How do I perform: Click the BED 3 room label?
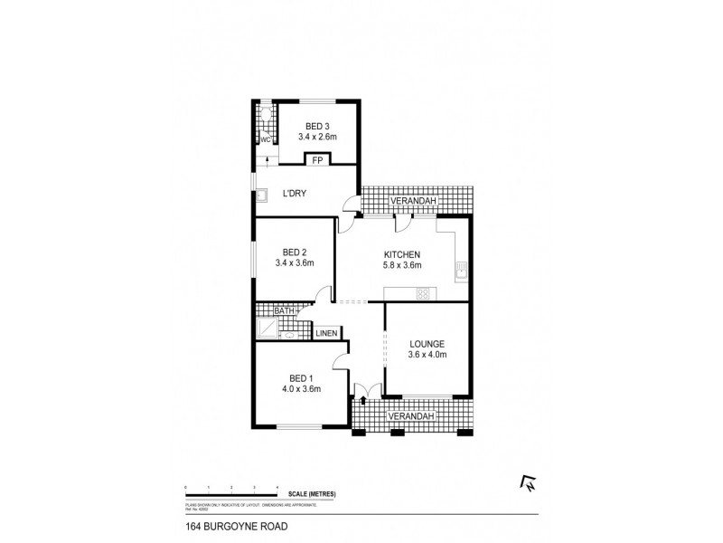(x=316, y=126)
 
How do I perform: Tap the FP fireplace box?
(x=316, y=160)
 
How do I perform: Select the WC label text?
(x=266, y=139)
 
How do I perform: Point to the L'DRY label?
(x=294, y=194)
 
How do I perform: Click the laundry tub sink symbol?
(x=262, y=194)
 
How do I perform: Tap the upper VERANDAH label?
(x=414, y=200)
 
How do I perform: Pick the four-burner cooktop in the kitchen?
(x=422, y=293)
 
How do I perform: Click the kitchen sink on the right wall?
(x=461, y=269)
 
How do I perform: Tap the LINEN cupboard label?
(x=326, y=333)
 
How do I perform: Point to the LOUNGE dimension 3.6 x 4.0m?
(x=427, y=357)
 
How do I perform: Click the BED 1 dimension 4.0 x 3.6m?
(x=300, y=392)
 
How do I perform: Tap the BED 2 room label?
(x=294, y=252)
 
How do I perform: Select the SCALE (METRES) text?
(x=313, y=493)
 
